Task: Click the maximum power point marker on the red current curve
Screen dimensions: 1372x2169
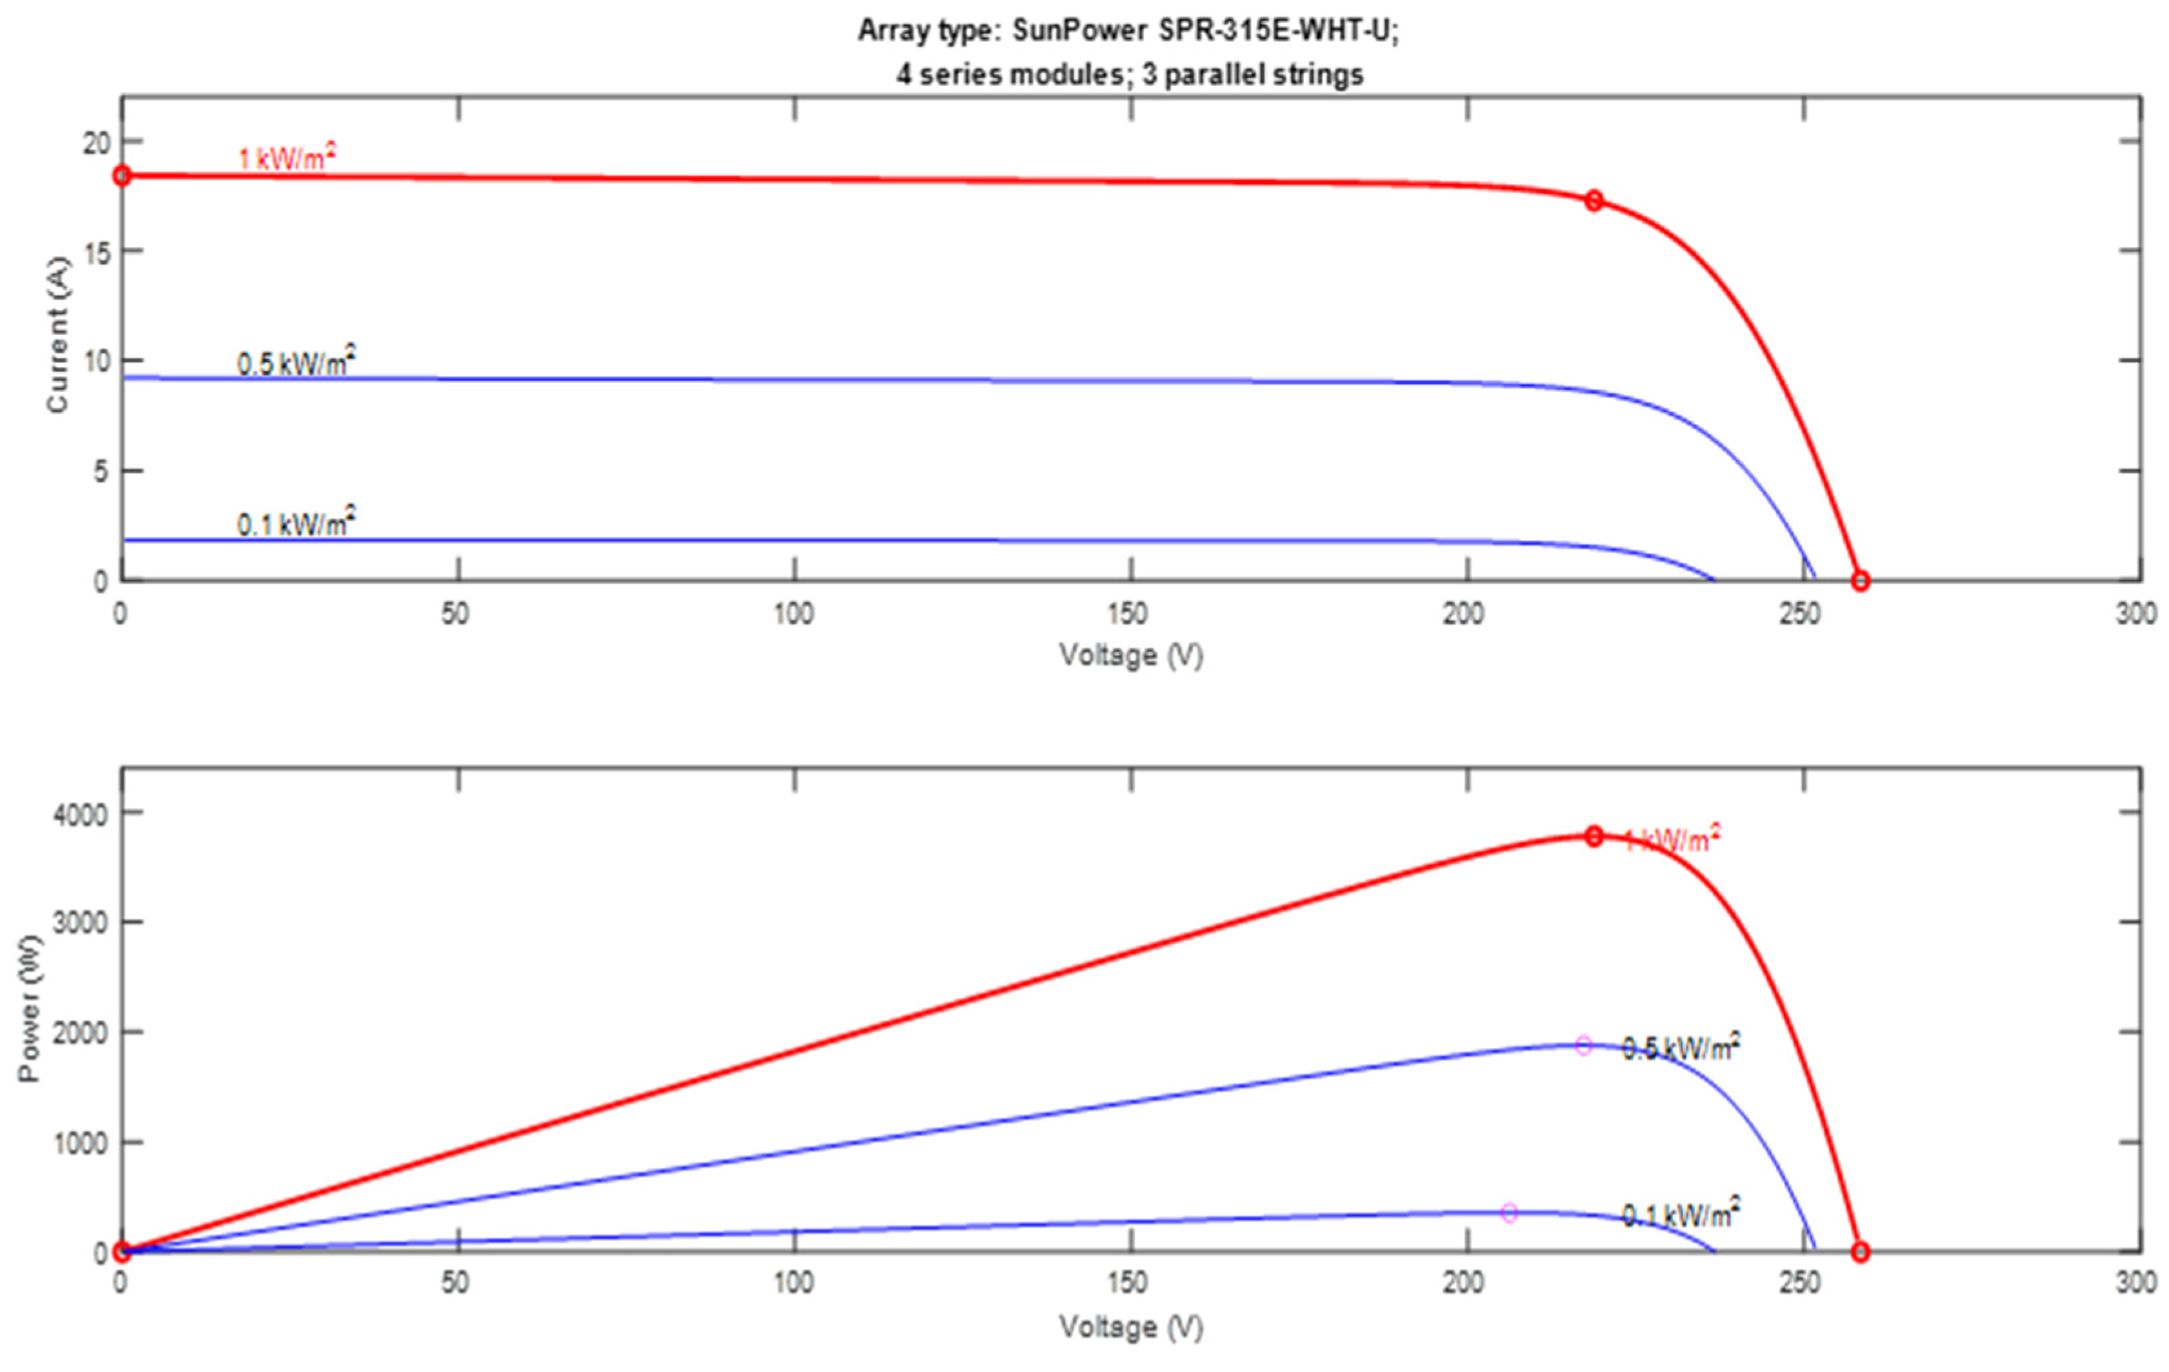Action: coord(1594,200)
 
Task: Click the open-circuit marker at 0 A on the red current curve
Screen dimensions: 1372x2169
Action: coord(1860,581)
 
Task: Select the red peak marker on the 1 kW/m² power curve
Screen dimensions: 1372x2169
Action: coord(1594,836)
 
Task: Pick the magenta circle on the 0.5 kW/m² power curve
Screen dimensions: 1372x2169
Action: coord(1583,1046)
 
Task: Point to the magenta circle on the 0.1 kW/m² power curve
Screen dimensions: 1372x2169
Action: coord(1510,1213)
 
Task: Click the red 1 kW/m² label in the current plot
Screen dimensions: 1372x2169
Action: coord(286,159)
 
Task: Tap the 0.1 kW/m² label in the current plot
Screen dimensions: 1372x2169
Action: coord(295,522)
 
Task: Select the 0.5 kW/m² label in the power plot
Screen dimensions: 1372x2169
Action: coord(1681,1047)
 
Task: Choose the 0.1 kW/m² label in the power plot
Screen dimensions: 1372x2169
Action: coord(1681,1215)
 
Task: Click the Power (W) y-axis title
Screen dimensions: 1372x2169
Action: coord(30,1008)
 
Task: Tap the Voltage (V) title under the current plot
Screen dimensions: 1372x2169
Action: coord(1130,655)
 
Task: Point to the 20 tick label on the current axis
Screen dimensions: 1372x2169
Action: coord(96,143)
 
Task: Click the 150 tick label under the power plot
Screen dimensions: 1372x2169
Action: coord(1128,1282)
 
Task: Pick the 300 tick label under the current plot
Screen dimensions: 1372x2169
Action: coord(2135,614)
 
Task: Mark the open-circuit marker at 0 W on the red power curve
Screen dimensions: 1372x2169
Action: coord(1860,1252)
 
